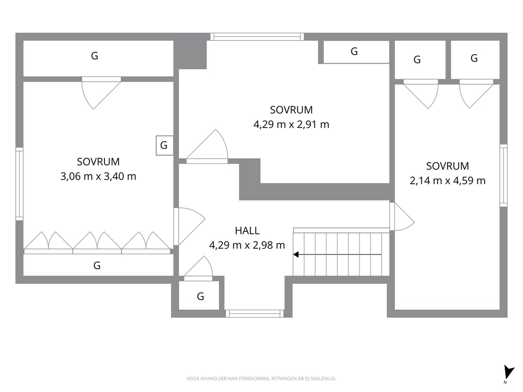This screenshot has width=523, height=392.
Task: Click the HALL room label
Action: (x=247, y=231)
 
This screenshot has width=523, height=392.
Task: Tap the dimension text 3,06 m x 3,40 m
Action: (x=98, y=177)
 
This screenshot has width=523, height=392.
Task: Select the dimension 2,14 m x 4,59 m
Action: (x=448, y=181)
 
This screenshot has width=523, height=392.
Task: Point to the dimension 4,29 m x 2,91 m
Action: (x=291, y=125)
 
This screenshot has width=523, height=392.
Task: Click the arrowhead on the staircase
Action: (x=296, y=254)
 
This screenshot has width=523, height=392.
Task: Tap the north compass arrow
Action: (x=509, y=373)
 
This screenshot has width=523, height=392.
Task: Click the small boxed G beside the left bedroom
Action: (x=164, y=145)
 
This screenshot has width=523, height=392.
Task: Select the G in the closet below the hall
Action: (x=200, y=296)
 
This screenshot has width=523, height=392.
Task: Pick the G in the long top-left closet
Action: (x=95, y=56)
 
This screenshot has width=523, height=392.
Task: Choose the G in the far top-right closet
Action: (x=474, y=58)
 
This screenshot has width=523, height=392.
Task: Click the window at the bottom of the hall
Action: (x=255, y=313)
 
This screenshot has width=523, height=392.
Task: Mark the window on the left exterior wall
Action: (x=20, y=184)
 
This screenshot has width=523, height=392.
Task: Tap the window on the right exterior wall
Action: (x=503, y=175)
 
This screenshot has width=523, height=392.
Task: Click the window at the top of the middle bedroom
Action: (x=257, y=37)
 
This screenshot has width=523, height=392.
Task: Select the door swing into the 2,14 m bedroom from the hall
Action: (x=402, y=217)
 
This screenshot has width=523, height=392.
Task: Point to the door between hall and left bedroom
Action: (x=189, y=227)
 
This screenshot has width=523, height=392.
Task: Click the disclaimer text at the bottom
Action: (x=261, y=379)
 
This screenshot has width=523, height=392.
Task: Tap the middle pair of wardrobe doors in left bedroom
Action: (x=97, y=243)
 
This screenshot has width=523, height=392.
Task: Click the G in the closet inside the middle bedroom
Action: (x=354, y=52)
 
